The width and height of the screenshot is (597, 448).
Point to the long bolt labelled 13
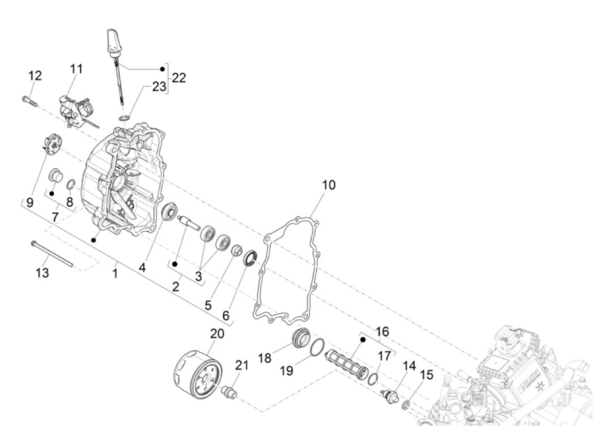(52, 254)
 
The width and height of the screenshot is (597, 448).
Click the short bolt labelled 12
(29, 101)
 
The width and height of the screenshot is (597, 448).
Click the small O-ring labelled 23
(124, 118)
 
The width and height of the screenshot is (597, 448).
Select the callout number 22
(179, 78)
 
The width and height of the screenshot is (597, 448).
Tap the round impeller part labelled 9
(53, 145)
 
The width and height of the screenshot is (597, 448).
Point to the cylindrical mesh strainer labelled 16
(346, 365)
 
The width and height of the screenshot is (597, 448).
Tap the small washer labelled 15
(406, 405)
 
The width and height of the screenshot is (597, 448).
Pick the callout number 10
(329, 185)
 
